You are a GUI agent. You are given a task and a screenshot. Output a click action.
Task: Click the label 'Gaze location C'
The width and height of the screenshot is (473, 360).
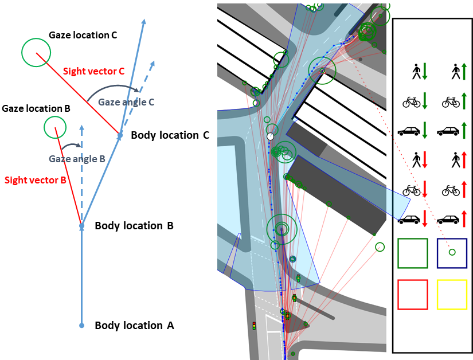point(83,35)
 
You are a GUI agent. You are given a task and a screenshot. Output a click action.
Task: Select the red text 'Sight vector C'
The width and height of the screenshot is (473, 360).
point(94,71)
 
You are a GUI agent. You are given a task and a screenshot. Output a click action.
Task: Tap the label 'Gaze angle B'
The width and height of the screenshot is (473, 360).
point(77,159)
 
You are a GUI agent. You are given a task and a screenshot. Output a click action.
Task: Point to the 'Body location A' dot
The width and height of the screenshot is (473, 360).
point(81,326)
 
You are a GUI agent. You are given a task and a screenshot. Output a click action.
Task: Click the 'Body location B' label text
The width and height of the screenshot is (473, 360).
point(134,226)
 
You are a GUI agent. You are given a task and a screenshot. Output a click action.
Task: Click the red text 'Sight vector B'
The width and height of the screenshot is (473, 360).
point(36,180)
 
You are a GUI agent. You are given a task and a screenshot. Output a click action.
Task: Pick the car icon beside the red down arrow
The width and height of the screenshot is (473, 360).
point(409,220)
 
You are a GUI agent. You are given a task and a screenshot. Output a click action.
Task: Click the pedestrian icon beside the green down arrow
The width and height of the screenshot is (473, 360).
point(417,72)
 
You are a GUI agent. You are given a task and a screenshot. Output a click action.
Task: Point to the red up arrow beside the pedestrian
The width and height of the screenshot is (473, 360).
point(464,160)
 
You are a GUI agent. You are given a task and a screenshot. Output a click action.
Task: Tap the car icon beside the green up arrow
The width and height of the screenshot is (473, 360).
point(448,131)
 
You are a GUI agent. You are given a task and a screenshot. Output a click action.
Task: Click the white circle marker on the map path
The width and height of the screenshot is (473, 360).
point(270,136)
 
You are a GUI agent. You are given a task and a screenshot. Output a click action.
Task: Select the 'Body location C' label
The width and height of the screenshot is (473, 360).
point(170,135)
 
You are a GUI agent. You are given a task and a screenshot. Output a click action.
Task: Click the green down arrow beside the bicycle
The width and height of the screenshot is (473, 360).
point(425,101)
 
